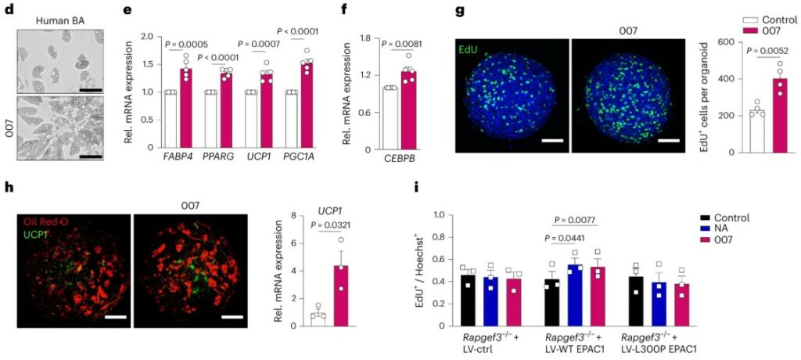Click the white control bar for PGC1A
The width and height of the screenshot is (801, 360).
click(292, 119)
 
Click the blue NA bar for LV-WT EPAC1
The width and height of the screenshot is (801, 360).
click(574, 294)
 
